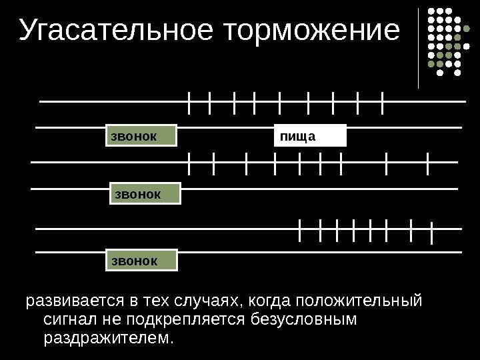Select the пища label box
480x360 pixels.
pyautogui.click(x=311, y=135)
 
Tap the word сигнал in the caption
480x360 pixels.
pyautogui.click(x=67, y=320)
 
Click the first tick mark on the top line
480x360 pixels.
pyautogui.click(x=190, y=103)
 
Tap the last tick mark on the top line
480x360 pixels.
pyautogui.click(x=383, y=103)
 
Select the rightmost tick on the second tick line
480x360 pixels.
pyautogui.click(x=427, y=163)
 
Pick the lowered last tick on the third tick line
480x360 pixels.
pyautogui.click(x=433, y=233)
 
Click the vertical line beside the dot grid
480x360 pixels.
pyautogui.click(x=419, y=48)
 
